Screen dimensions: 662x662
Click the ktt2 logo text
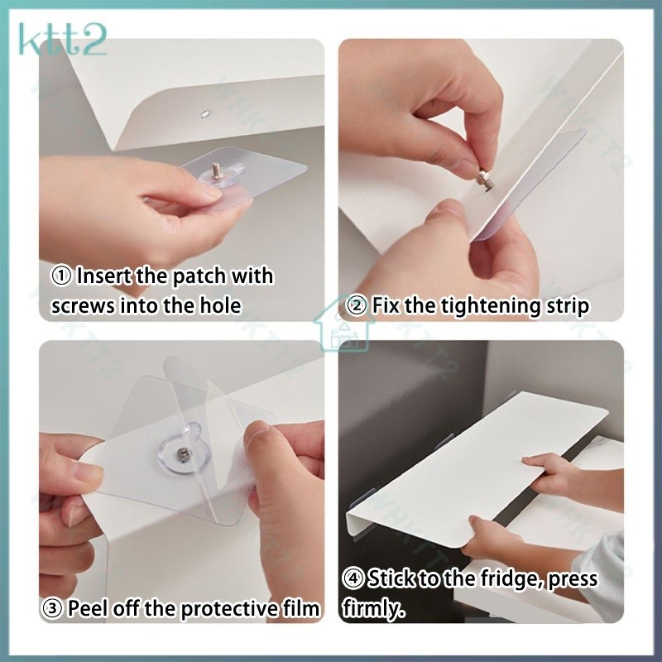click(x=63, y=40)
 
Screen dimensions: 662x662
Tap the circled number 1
click(x=61, y=277)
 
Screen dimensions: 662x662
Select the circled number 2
click(x=357, y=306)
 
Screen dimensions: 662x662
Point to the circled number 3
click(x=53, y=609)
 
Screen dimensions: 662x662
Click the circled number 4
click(x=353, y=578)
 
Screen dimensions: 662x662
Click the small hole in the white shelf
click(x=205, y=113)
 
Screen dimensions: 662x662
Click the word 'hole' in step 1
click(x=219, y=305)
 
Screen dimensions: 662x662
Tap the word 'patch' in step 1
click(x=199, y=277)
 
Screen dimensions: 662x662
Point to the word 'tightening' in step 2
click(x=490, y=307)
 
